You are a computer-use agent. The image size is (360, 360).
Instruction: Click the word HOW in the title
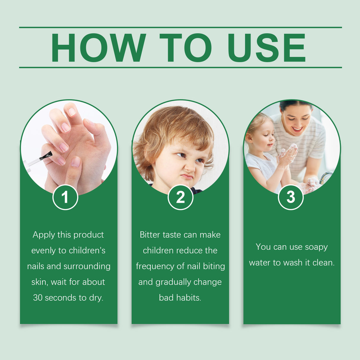(x=98, y=48)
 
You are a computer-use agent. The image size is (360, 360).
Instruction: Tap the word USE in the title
(x=266, y=48)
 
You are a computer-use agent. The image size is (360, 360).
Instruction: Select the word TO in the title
(x=186, y=48)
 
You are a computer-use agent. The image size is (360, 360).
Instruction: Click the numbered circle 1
(x=65, y=197)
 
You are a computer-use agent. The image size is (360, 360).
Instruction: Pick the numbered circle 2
(x=180, y=197)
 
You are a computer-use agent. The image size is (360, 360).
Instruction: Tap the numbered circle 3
(x=291, y=197)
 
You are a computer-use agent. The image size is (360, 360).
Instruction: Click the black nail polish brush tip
(x=47, y=155)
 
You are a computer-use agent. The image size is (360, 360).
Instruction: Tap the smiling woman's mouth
(x=297, y=129)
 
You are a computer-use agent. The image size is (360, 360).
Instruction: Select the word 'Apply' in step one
(x=44, y=235)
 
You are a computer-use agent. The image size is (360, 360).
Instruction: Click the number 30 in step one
(x=38, y=298)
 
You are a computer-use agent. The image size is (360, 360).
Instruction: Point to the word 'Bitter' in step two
(x=150, y=235)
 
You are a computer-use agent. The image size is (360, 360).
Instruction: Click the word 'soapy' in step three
(x=316, y=247)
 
